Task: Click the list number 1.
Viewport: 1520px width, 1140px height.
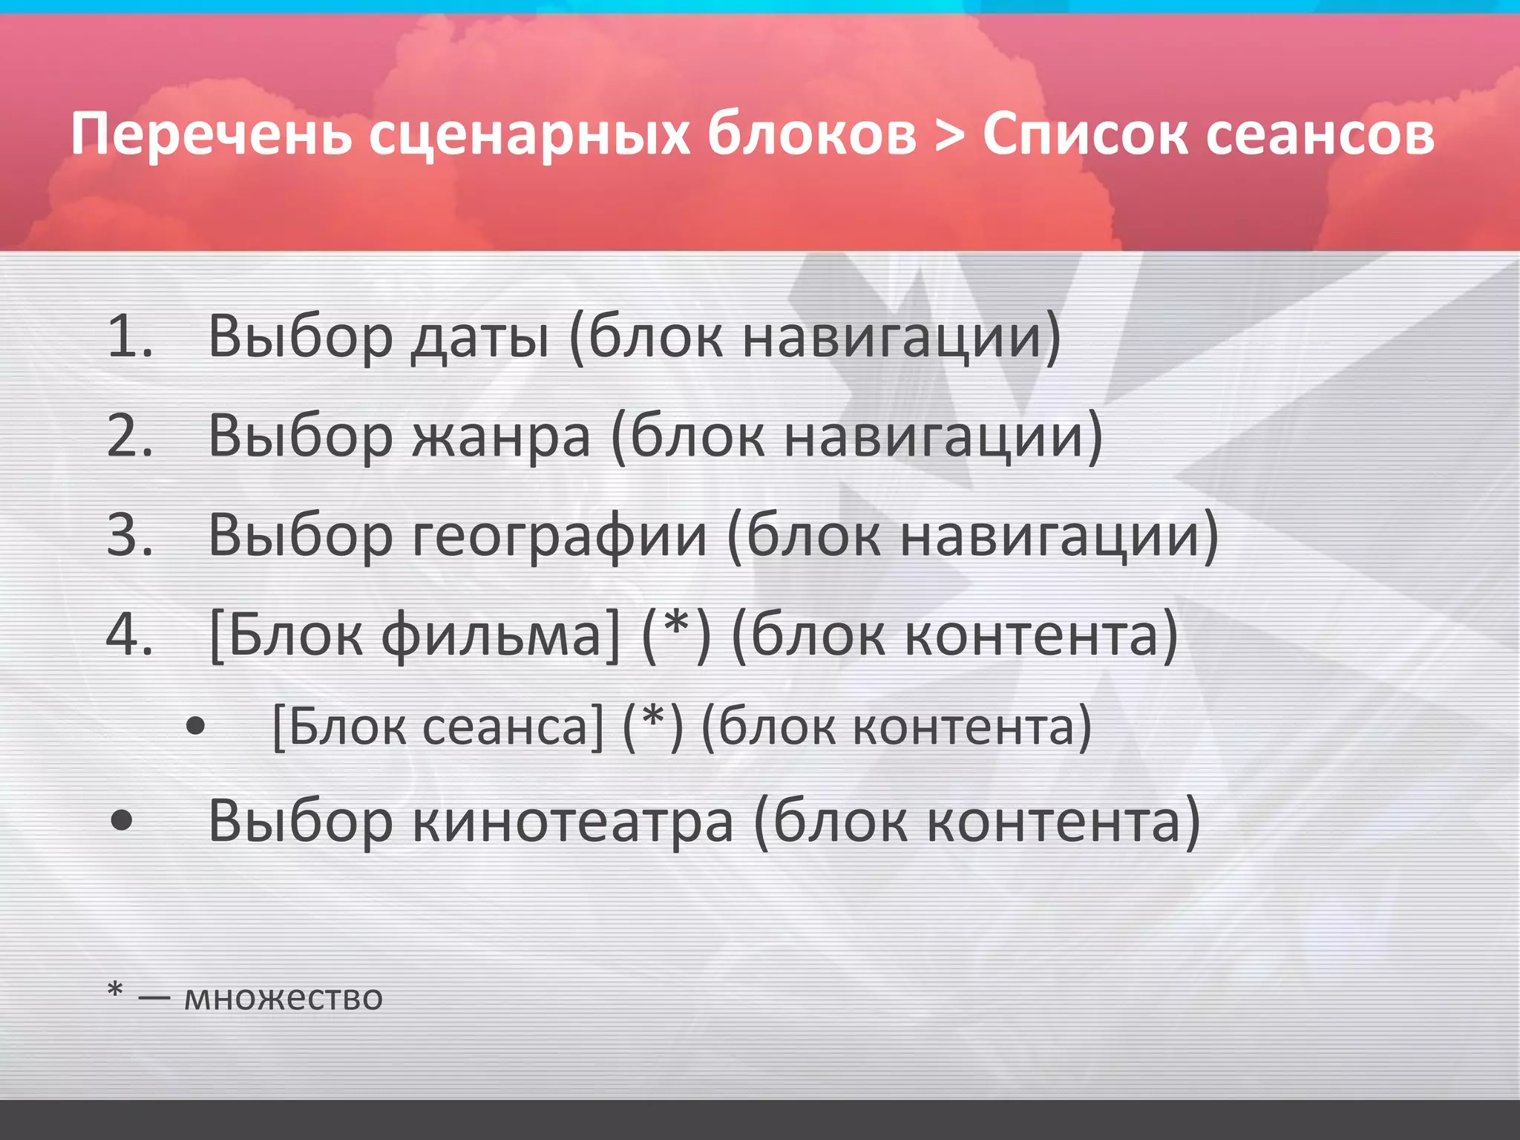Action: point(129,336)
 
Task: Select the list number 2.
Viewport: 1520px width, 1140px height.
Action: point(129,435)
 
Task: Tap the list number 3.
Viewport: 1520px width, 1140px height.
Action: point(129,534)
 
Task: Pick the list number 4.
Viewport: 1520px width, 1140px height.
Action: point(129,635)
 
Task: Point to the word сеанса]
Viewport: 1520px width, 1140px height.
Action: point(513,727)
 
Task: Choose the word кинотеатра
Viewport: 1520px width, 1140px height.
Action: point(572,822)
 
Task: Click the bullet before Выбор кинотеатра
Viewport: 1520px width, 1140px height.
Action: point(121,821)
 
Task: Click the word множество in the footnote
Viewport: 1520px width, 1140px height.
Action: point(283,997)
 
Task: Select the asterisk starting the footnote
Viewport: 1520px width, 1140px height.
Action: point(115,990)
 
